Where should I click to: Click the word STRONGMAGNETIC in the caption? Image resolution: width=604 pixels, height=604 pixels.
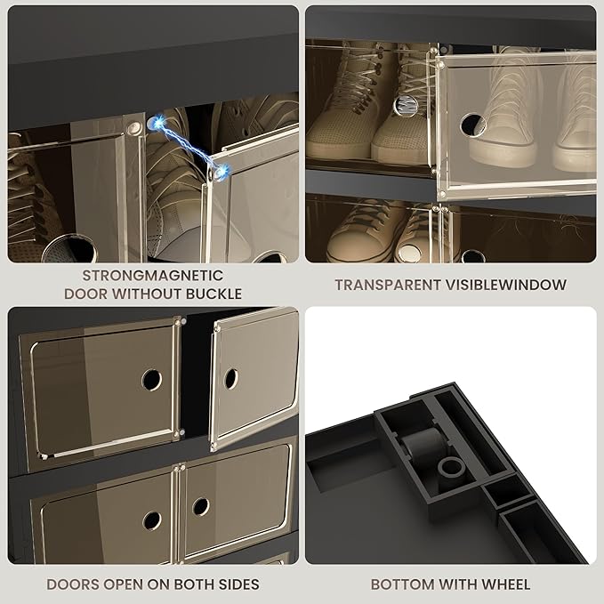pos(153,276)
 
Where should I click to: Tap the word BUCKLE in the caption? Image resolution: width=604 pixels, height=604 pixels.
pos(213,294)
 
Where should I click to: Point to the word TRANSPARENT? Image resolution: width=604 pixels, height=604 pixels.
pos(388,285)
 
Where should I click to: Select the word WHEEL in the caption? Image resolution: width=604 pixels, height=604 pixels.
pos(506,584)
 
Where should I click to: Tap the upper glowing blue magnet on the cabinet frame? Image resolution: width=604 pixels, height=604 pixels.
pos(157,124)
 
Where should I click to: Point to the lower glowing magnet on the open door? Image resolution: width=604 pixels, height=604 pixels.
pos(221,172)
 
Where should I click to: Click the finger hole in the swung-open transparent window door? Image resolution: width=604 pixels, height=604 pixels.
pos(472,125)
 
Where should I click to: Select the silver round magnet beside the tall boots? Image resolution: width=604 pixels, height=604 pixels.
pos(406,105)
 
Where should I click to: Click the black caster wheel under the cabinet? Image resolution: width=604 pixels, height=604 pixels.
pos(423,445)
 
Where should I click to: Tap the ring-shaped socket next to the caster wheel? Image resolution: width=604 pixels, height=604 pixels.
pos(452,468)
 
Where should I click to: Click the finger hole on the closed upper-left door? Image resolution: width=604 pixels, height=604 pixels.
pos(151,380)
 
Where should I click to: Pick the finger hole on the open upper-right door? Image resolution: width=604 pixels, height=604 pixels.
pos(230,379)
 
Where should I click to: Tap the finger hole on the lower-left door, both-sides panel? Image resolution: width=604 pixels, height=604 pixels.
pos(152,520)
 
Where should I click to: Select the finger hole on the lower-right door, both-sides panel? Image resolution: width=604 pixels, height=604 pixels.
pos(201,506)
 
